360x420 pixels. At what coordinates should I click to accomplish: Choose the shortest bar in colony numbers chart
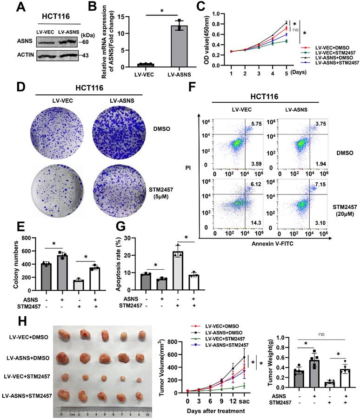click(78, 288)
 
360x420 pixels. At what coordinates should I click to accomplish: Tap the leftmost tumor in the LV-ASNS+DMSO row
click(67, 357)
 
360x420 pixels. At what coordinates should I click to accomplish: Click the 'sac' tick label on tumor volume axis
click(253, 399)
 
